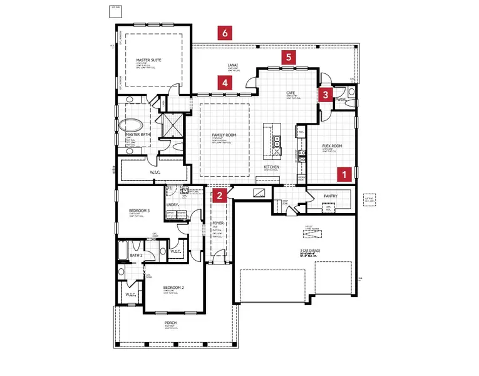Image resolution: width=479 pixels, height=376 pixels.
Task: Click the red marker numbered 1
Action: pyautogui.click(x=343, y=175)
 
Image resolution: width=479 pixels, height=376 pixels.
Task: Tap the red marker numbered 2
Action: pyautogui.click(x=219, y=196)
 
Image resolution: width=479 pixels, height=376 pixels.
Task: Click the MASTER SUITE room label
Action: pyautogui.click(x=149, y=60)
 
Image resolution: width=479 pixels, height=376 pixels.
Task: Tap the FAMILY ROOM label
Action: pyautogui.click(x=224, y=135)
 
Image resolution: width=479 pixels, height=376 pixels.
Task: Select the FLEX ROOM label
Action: pyautogui.click(x=332, y=145)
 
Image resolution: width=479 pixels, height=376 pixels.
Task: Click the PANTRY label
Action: pyautogui.click(x=331, y=196)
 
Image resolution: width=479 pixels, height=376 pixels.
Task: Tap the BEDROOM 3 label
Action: pyautogui.click(x=138, y=211)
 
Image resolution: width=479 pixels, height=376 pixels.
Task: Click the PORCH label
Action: pyautogui.click(x=171, y=323)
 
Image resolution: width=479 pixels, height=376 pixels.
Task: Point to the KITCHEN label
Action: pyautogui.click(x=270, y=167)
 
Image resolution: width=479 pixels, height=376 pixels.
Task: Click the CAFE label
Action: pyautogui.click(x=291, y=93)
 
